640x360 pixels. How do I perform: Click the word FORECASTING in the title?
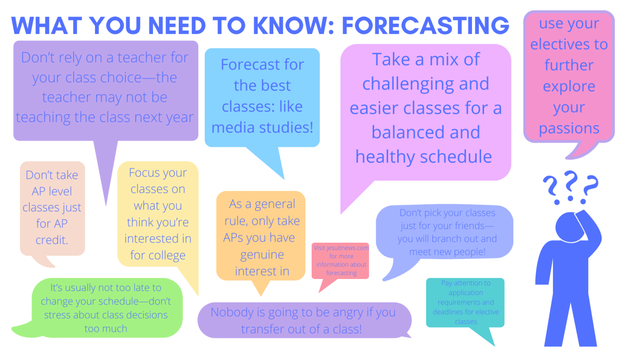[426, 26]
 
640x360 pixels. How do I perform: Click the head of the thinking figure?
[568, 227]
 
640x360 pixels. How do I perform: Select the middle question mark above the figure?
[570, 186]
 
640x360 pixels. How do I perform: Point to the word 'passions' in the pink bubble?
[569, 128]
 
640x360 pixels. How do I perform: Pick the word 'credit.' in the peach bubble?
[52, 240]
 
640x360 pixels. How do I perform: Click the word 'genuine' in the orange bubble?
[262, 255]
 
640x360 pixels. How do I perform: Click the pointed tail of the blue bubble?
[284, 179]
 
